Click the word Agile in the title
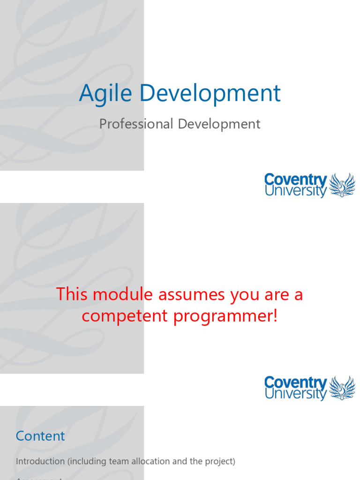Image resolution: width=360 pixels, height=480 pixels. [x=106, y=93]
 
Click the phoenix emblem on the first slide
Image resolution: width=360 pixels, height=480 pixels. [x=342, y=185]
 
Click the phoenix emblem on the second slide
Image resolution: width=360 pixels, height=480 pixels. [x=342, y=388]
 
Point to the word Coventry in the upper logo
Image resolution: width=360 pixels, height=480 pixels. [x=295, y=180]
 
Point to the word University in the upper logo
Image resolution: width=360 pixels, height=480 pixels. [x=295, y=191]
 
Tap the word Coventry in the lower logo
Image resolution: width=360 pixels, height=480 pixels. [x=295, y=382]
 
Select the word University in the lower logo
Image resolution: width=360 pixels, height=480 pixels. [x=295, y=394]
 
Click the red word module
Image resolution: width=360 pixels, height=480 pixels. [x=123, y=295]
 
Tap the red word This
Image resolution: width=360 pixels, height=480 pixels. [x=73, y=295]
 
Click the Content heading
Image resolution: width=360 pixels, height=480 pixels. [x=40, y=436]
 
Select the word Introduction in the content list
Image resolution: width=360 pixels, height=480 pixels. [x=40, y=461]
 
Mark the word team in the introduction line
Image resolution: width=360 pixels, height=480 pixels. [x=118, y=461]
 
